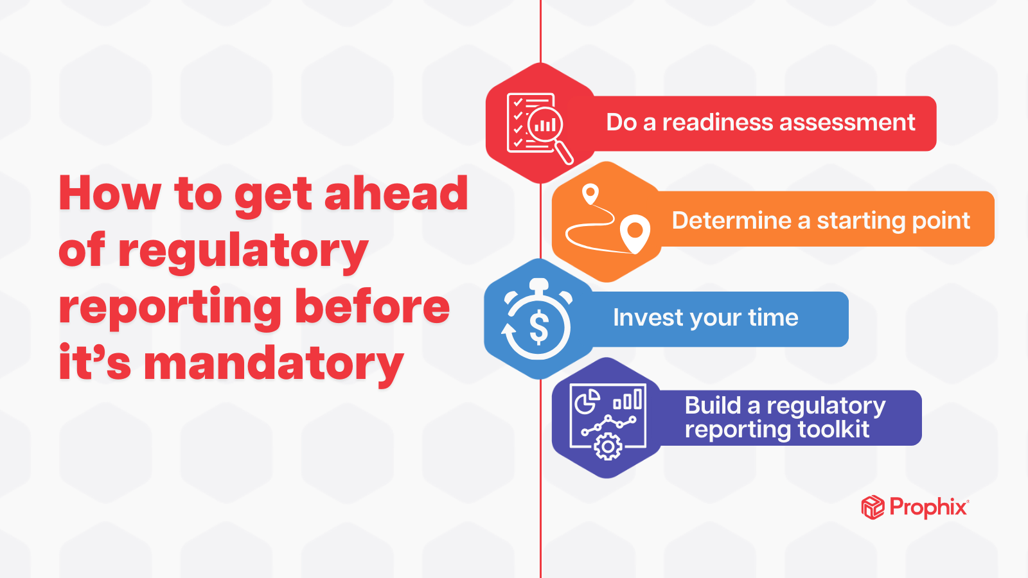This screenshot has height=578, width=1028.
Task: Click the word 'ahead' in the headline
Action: coord(396,193)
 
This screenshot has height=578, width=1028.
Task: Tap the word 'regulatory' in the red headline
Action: coord(243,250)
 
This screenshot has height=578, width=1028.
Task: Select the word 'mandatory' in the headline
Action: coord(274,363)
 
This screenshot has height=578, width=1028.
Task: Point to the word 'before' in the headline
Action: coord(373,306)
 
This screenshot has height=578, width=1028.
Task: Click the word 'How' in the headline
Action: coord(110,193)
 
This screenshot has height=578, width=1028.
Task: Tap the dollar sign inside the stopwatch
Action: coord(539,327)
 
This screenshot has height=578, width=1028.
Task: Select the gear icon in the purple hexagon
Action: coord(608,446)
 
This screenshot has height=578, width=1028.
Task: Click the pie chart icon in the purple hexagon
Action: coord(587,403)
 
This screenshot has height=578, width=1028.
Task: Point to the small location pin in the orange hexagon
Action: coord(590,193)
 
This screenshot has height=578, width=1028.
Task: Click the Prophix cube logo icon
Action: coord(873,507)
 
